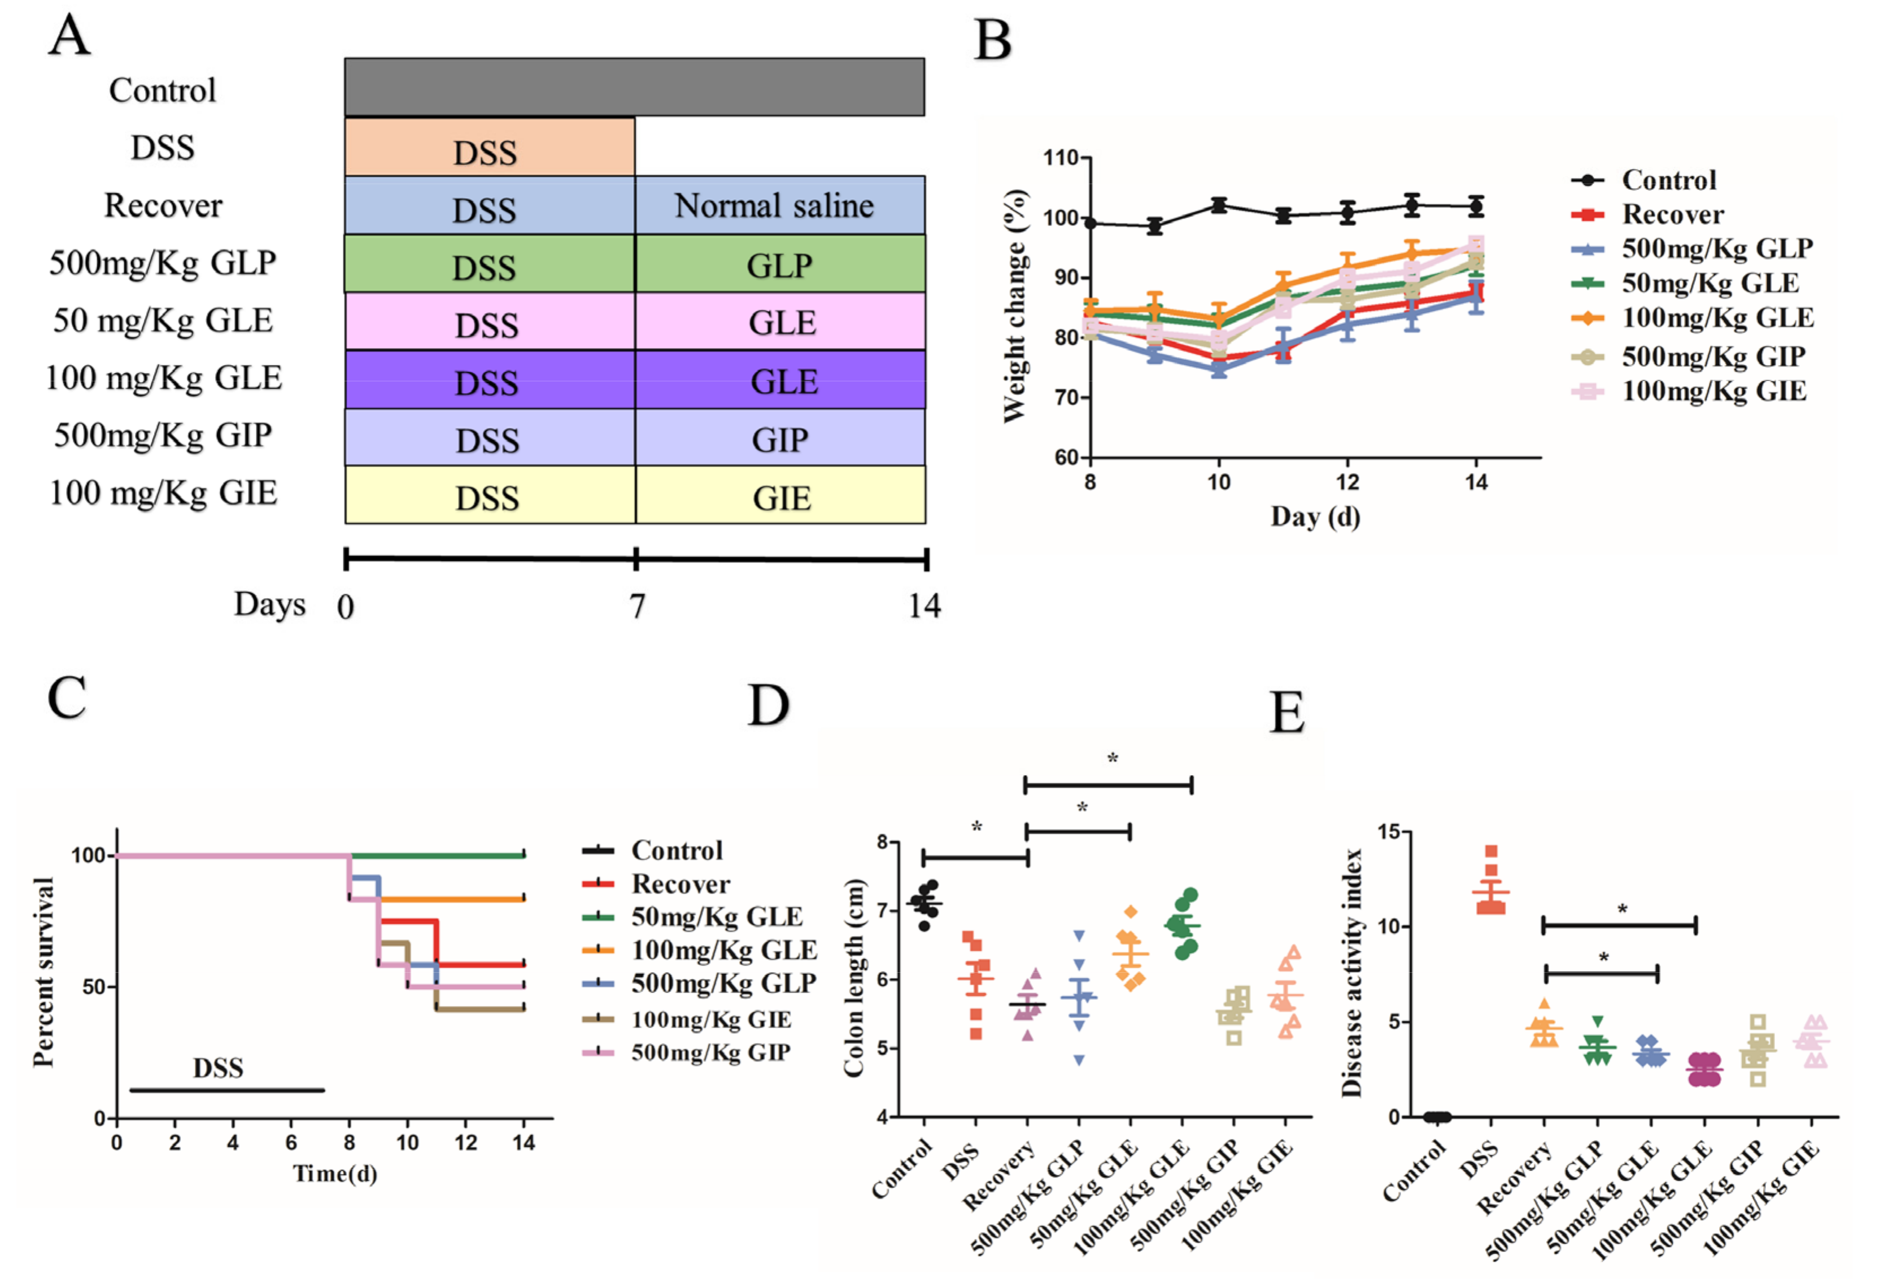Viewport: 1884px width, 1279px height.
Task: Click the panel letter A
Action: coord(68,37)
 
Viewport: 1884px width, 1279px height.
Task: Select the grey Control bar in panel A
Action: coord(634,87)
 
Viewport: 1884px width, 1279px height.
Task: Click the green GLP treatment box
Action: coord(779,264)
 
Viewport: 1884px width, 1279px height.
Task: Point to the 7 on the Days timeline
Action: coord(637,606)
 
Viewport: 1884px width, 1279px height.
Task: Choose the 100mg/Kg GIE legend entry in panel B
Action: coord(1713,391)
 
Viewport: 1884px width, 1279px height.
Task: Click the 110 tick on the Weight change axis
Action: coord(1061,158)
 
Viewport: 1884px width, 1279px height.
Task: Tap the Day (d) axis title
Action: coord(1314,517)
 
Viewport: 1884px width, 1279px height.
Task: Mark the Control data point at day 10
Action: coord(1218,205)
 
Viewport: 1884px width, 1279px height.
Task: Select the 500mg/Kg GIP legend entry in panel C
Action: coord(709,1052)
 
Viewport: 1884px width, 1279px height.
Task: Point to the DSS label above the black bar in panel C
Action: coord(217,1067)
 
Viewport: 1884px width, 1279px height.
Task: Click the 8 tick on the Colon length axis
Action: coord(882,842)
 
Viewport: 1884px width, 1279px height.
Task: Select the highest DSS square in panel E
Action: coord(1491,851)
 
